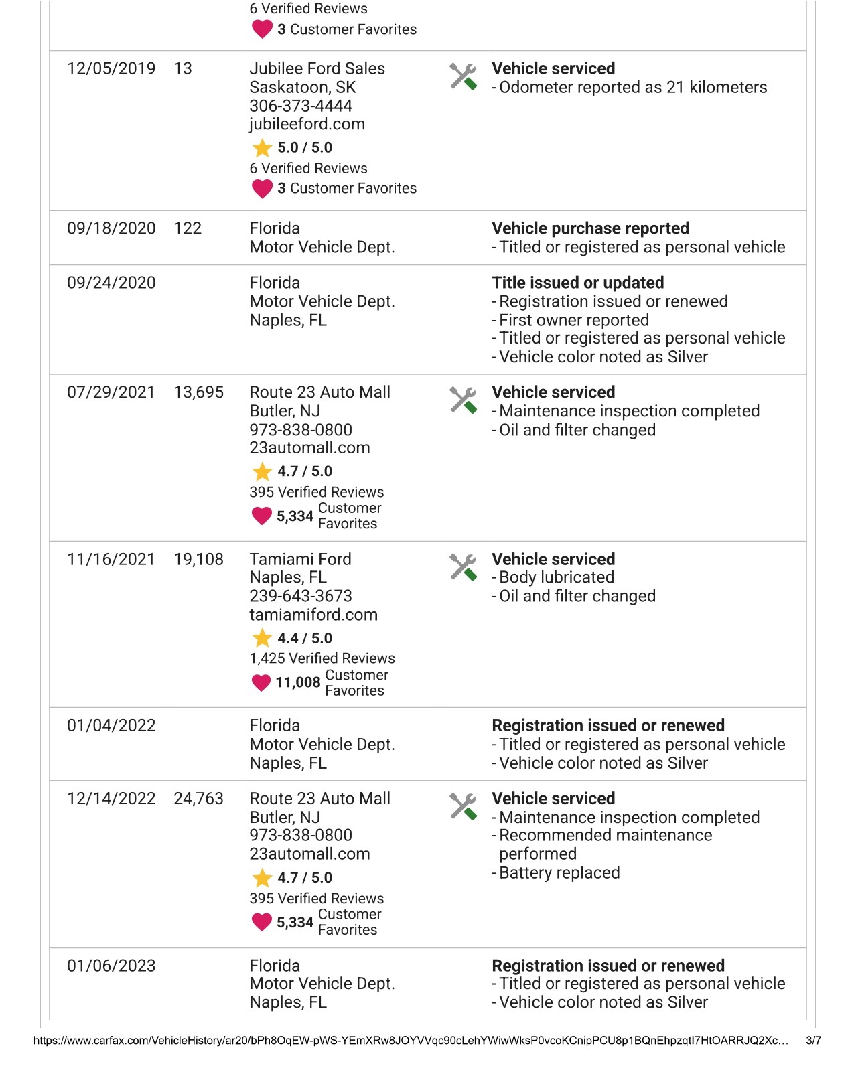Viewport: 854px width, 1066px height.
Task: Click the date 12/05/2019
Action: click(x=111, y=69)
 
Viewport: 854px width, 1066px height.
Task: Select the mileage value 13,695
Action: click(x=198, y=393)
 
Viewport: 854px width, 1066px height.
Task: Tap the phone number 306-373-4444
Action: click(x=301, y=106)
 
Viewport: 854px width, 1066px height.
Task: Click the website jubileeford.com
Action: click(x=307, y=124)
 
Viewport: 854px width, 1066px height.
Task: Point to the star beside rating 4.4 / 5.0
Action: click(x=262, y=639)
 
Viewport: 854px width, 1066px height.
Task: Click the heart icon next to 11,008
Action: click(x=261, y=683)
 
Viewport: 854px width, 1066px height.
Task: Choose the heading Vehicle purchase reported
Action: click(x=590, y=228)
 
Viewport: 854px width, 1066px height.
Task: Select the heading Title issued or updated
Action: click(x=577, y=283)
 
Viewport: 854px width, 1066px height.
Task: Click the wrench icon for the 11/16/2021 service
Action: click(x=463, y=567)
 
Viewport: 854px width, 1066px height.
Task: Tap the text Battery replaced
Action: click(x=559, y=873)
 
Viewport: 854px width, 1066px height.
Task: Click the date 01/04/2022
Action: click(x=111, y=726)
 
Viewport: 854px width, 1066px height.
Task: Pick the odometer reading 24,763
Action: click(x=198, y=799)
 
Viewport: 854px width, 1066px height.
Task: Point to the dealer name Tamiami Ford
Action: click(x=300, y=560)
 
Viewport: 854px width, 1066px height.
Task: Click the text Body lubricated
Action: click(x=556, y=578)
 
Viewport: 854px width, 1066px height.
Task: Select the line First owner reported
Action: click(x=573, y=321)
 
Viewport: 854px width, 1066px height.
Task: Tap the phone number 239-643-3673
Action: click(x=301, y=597)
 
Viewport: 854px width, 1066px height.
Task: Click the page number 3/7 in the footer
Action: click(x=813, y=1041)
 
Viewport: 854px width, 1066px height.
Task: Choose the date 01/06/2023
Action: click(x=111, y=966)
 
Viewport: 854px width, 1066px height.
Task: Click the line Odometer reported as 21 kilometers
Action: click(x=632, y=88)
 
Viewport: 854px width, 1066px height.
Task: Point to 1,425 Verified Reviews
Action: click(x=322, y=659)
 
